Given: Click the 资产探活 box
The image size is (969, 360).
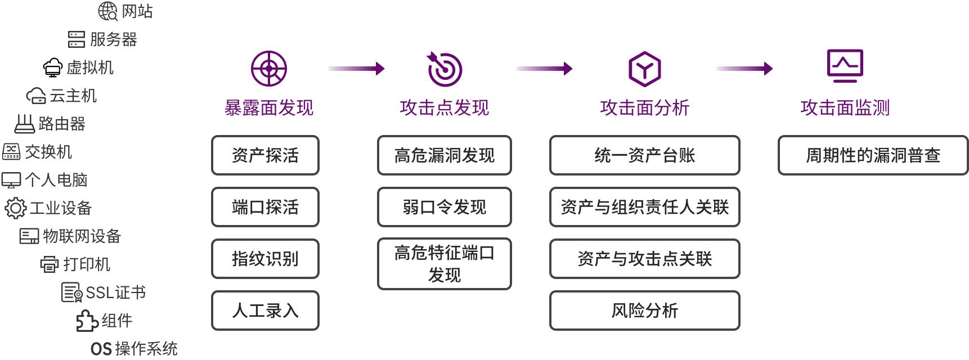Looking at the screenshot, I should pyautogui.click(x=265, y=155).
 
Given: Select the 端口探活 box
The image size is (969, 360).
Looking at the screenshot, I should pyautogui.click(x=265, y=207).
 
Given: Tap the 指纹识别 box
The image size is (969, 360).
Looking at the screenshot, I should pyautogui.click(x=265, y=259).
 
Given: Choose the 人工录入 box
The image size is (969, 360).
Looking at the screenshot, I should pyautogui.click(x=265, y=310).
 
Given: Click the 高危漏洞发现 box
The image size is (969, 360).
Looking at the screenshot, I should pyautogui.click(x=445, y=155).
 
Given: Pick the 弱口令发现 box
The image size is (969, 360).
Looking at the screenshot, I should pyautogui.click(x=445, y=207).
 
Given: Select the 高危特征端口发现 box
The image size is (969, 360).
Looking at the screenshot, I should pyautogui.click(x=445, y=264).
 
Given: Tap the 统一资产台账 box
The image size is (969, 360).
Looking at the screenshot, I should pyautogui.click(x=644, y=155).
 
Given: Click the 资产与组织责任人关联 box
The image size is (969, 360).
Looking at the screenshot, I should pyautogui.click(x=644, y=207).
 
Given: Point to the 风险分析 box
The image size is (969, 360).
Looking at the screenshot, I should pyautogui.click(x=644, y=310).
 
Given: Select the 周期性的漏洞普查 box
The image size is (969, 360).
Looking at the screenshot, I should pyautogui.click(x=873, y=155).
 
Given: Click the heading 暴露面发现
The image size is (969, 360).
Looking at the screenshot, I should pyautogui.click(x=269, y=108).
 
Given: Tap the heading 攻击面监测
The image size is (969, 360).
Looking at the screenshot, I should pyautogui.click(x=845, y=108).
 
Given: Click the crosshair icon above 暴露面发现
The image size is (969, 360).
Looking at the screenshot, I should pyautogui.click(x=269, y=69).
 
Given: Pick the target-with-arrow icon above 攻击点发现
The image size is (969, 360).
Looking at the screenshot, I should pyautogui.click(x=445, y=69).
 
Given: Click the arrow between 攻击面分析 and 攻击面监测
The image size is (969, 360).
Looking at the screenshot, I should pyautogui.click(x=744, y=69).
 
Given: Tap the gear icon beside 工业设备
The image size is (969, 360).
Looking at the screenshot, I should pyautogui.click(x=15, y=208).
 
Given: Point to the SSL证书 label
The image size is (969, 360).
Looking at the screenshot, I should pyautogui.click(x=115, y=292).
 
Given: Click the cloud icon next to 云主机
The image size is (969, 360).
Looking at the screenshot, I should pyautogui.click(x=36, y=96).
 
